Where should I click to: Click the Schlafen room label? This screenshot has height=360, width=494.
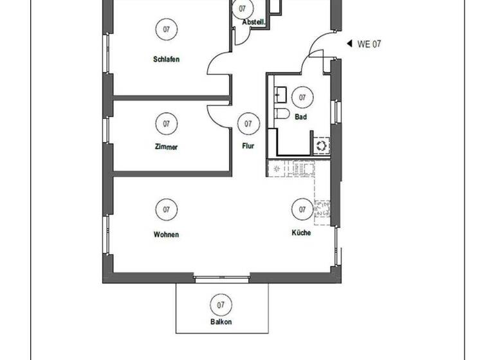[x=166, y=60]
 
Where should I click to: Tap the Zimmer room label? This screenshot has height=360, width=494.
[x=166, y=147]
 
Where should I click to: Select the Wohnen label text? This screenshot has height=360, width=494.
[x=166, y=235]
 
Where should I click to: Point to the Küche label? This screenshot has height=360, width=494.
[x=301, y=233]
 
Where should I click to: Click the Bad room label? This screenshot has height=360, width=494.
[x=300, y=118]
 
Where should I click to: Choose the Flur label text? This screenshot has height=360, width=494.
[x=248, y=146]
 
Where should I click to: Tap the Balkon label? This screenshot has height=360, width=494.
[x=221, y=322]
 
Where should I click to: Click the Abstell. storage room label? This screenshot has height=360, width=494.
[x=253, y=22]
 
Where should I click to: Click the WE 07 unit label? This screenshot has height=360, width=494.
[x=369, y=44]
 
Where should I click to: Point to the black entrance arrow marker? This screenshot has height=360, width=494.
[x=349, y=44]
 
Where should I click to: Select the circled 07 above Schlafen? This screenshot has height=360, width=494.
[x=166, y=29]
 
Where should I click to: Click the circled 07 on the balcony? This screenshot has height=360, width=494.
[x=221, y=305]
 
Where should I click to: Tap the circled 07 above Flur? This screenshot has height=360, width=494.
[x=248, y=123]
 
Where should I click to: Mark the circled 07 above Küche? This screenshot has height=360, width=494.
[x=302, y=210]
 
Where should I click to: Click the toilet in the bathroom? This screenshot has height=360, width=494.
[x=280, y=114]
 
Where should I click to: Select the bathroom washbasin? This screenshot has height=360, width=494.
[x=279, y=94]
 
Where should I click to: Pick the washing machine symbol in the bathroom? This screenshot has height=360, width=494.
[x=321, y=145]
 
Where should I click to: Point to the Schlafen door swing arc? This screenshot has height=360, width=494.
[x=215, y=64]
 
